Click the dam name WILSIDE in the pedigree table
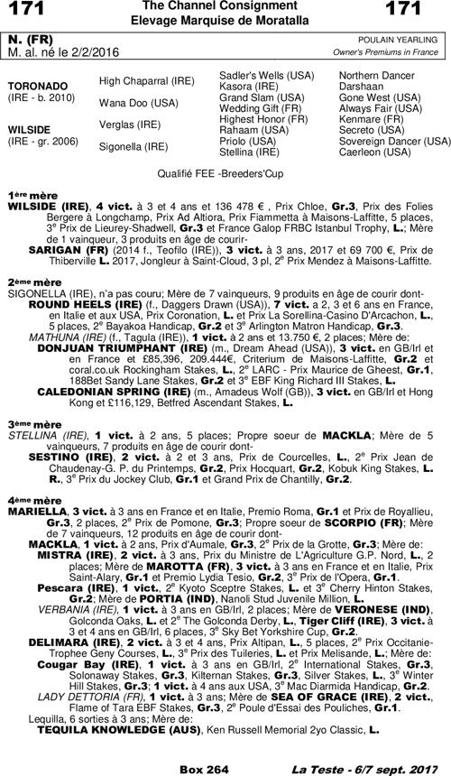click(x=29, y=128)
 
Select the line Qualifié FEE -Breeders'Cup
click(x=225, y=171)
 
